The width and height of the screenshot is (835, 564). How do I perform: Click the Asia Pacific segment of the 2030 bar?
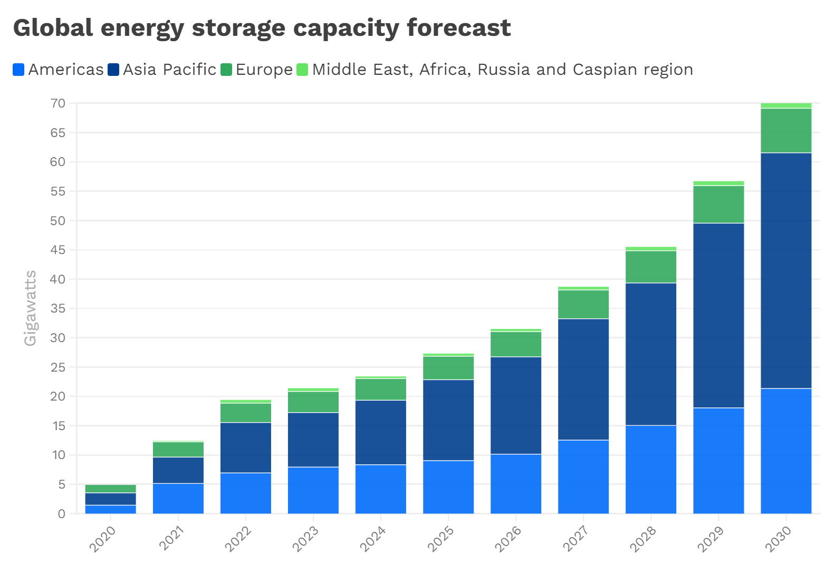pos(785,270)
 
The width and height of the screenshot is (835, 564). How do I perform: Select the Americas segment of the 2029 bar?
pos(718,461)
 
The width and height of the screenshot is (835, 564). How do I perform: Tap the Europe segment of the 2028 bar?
pos(650,267)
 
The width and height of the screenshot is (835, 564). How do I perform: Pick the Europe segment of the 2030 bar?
pos(785,130)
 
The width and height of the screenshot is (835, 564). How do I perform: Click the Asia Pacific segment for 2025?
pos(448,420)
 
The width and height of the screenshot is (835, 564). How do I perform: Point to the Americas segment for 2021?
pos(178,498)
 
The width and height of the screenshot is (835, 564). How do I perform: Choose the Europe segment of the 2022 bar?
pos(245,413)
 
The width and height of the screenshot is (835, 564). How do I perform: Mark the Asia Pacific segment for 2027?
pos(583,379)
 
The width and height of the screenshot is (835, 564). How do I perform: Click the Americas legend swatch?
pos(19,70)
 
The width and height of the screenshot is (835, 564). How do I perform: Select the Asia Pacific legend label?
pos(169,70)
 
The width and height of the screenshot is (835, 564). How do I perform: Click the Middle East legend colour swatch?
pos(302,70)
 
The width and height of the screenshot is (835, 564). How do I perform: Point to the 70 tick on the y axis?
pos(58,103)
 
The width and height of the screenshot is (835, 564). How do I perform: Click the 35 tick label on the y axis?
pos(58,308)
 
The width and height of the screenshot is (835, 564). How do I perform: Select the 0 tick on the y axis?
pos(62,513)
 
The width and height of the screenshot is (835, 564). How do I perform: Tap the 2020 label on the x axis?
pos(102,538)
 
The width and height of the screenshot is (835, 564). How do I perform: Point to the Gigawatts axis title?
pos(31,308)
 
